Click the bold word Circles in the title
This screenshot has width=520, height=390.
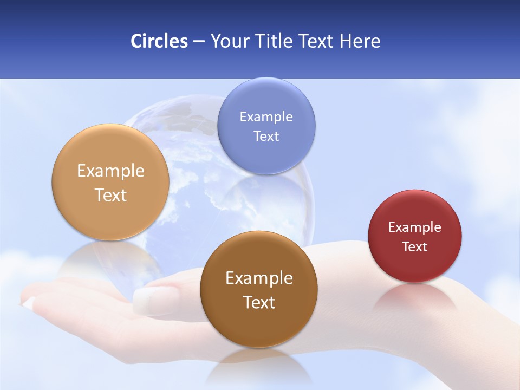tap(159, 41)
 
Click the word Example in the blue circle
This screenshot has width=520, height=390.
tap(266, 117)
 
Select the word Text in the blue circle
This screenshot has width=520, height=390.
tap(266, 136)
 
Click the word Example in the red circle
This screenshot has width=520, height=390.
tap(414, 227)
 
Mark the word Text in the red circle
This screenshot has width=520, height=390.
tap(414, 247)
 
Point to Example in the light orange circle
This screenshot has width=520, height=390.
tap(110, 171)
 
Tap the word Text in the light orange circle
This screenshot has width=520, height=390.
tap(110, 195)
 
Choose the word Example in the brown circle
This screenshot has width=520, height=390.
tap(259, 278)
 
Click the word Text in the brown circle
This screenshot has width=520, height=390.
tap(259, 302)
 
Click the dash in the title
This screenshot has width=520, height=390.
tap(198, 42)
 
